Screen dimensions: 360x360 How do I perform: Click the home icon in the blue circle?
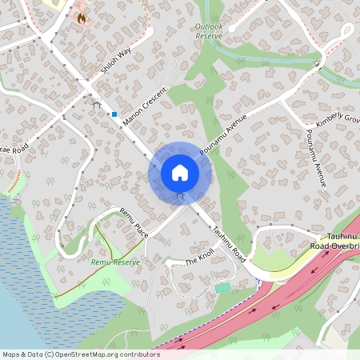click(x=180, y=172)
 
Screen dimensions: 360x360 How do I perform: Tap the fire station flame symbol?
click(x=82, y=16)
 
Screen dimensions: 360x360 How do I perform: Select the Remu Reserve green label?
click(x=115, y=262)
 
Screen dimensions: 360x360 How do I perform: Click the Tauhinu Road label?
click(x=228, y=240)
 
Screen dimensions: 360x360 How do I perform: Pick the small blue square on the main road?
click(x=114, y=114)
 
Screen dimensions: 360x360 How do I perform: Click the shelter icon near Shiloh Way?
click(x=97, y=104)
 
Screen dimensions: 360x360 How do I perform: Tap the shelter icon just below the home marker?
click(x=180, y=194)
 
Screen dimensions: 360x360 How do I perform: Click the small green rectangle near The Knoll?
click(x=222, y=286)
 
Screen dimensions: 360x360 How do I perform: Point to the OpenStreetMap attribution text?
click(x=80, y=354)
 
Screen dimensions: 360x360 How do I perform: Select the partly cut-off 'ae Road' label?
click(x=14, y=149)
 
